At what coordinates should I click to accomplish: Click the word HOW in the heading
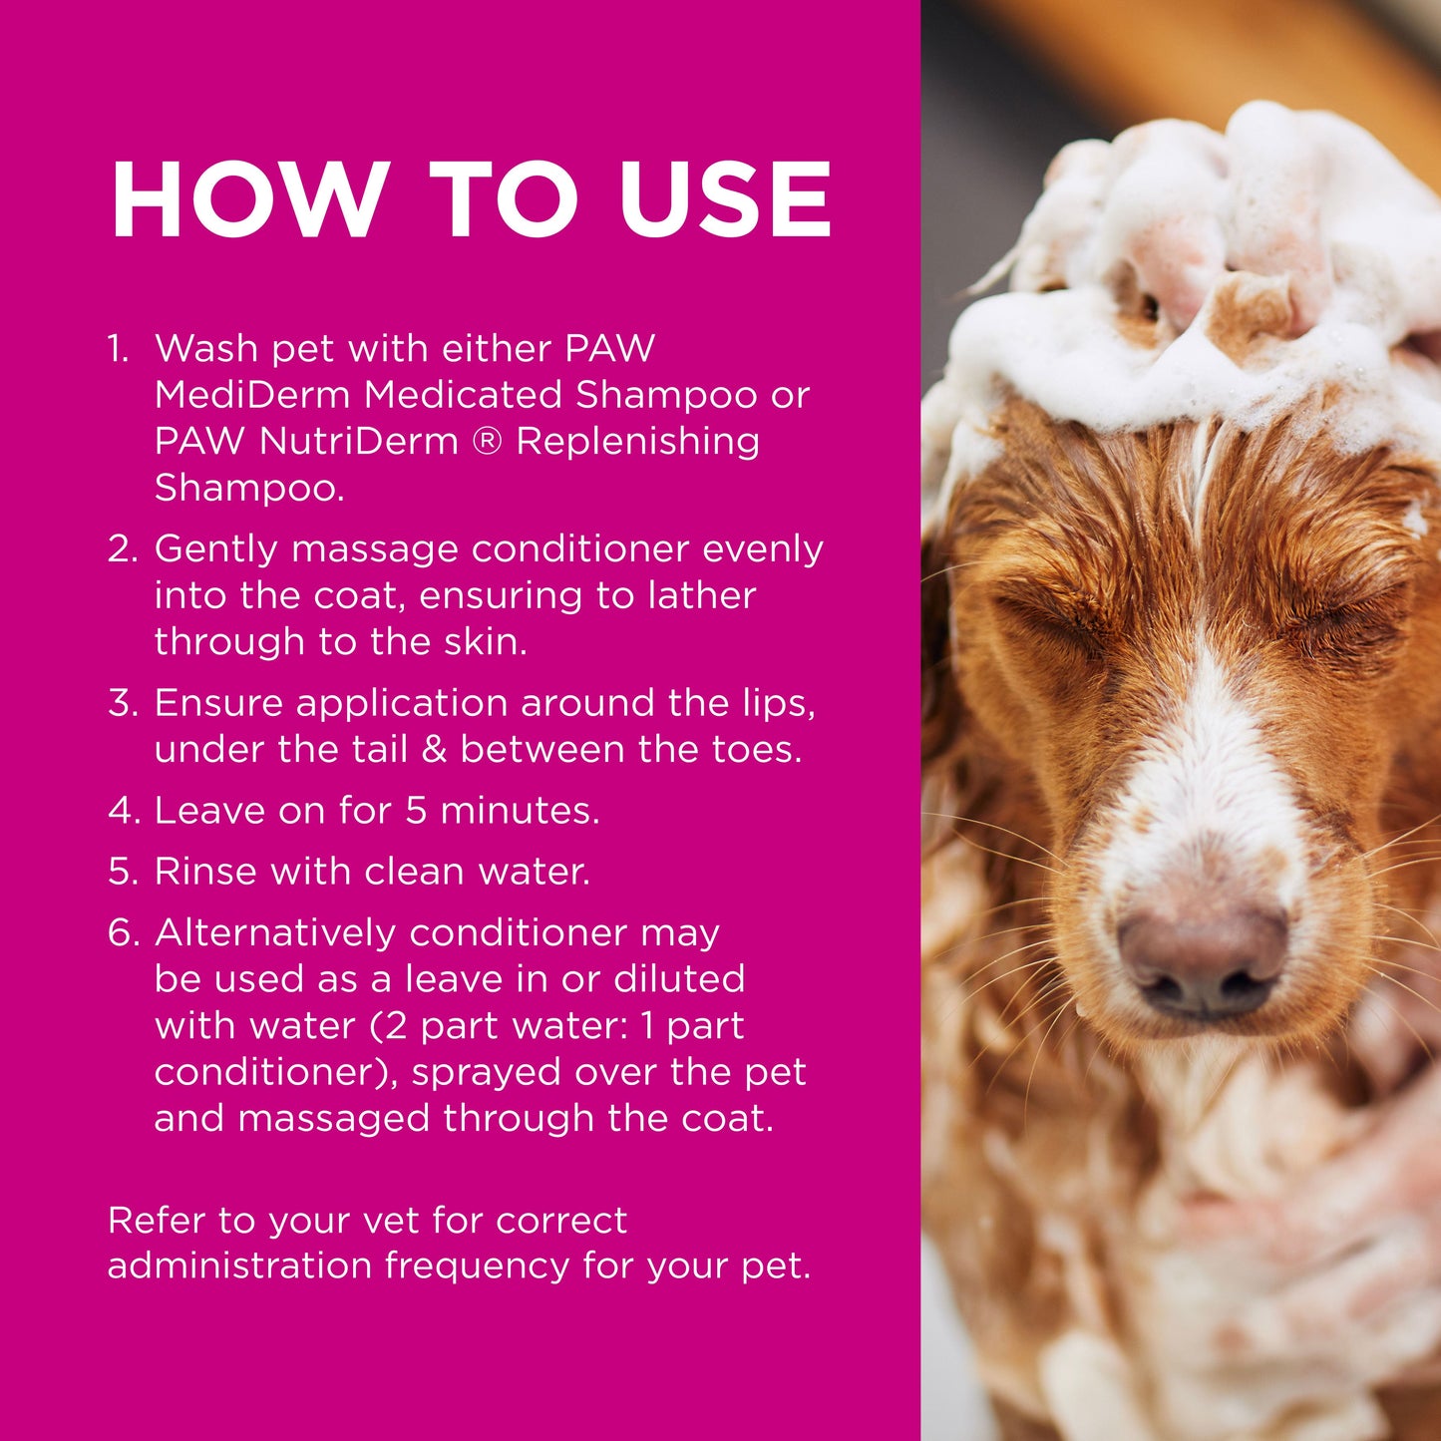(x=249, y=199)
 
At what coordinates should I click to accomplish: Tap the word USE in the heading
(x=725, y=199)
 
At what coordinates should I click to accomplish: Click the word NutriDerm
(x=358, y=441)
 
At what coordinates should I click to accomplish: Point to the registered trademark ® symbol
(x=487, y=441)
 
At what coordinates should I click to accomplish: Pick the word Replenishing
(x=637, y=441)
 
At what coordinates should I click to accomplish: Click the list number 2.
(x=122, y=549)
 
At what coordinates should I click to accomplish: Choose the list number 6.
(x=122, y=933)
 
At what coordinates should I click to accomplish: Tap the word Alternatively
(x=275, y=933)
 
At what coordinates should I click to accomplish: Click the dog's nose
(x=1202, y=957)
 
